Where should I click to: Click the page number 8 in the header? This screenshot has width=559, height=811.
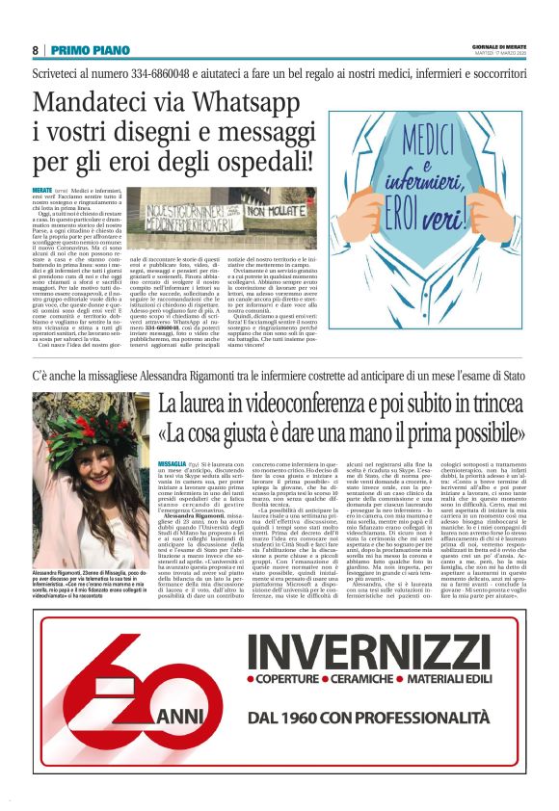point(35,50)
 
